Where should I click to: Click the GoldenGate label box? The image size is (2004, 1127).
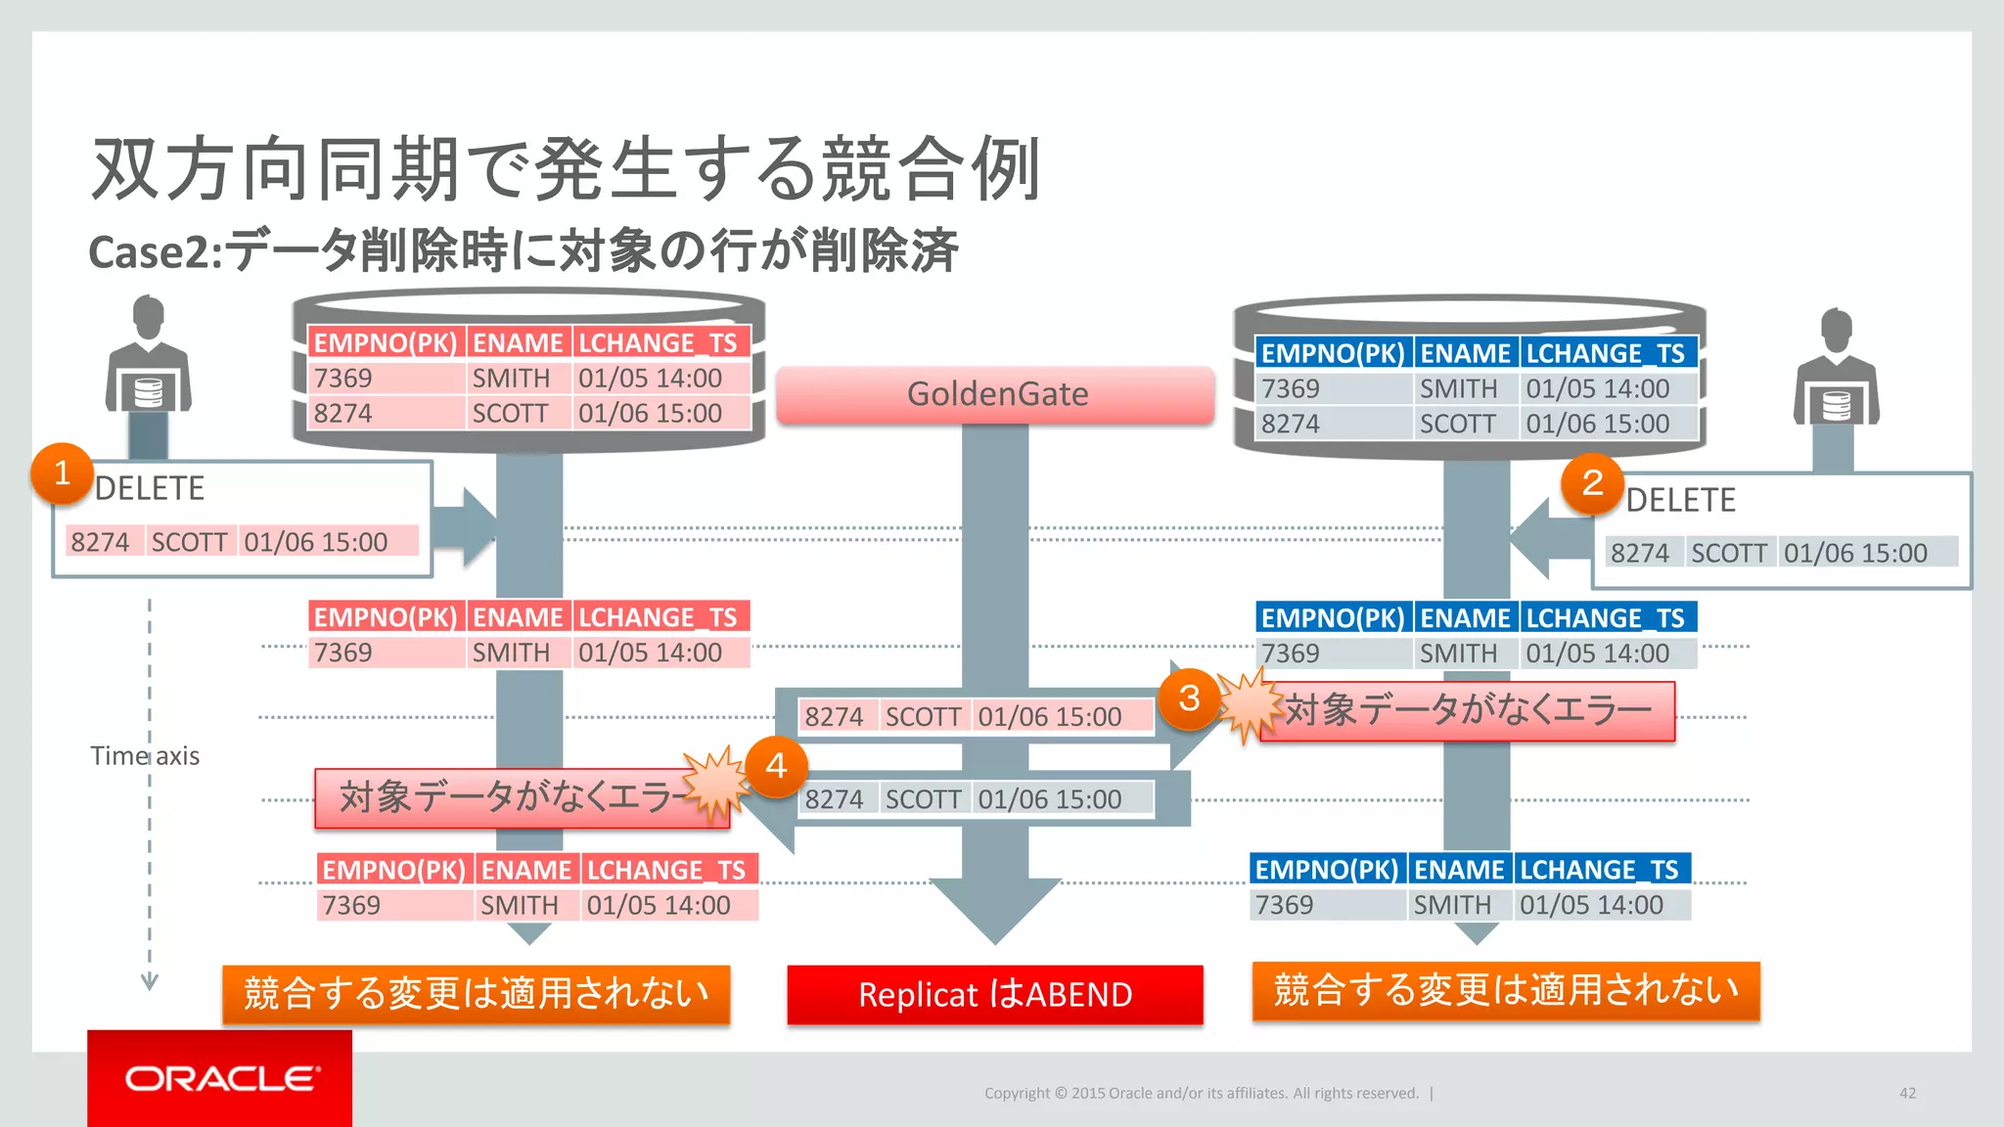pyautogui.click(x=995, y=394)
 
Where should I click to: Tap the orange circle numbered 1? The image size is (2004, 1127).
pyautogui.click(x=62, y=473)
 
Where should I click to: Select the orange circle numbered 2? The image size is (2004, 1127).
pyautogui.click(x=1592, y=483)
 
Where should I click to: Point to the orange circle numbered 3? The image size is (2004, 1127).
pyautogui.click(x=1188, y=699)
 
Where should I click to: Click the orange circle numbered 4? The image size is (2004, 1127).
pyautogui.click(x=776, y=766)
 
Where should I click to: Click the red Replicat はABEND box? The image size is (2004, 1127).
pyautogui.click(x=995, y=995)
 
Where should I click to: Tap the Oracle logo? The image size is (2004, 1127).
pyautogui.click(x=220, y=1079)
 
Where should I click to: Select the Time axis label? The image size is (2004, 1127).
pyautogui.click(x=145, y=756)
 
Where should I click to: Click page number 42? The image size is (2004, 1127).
pyautogui.click(x=1907, y=1093)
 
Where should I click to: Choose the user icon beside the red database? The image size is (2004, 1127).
pyautogui.click(x=148, y=357)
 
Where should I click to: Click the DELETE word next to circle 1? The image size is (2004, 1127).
pyautogui.click(x=150, y=488)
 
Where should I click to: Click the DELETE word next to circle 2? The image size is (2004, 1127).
pyautogui.click(x=1680, y=500)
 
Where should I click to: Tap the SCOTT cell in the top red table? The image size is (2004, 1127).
pyautogui.click(x=510, y=414)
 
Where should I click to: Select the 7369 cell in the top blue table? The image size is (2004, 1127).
pyautogui.click(x=1291, y=388)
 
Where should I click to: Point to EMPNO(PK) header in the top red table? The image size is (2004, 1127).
pyautogui.click(x=386, y=343)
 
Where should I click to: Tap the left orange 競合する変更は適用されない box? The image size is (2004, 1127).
pyautogui.click(x=477, y=994)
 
